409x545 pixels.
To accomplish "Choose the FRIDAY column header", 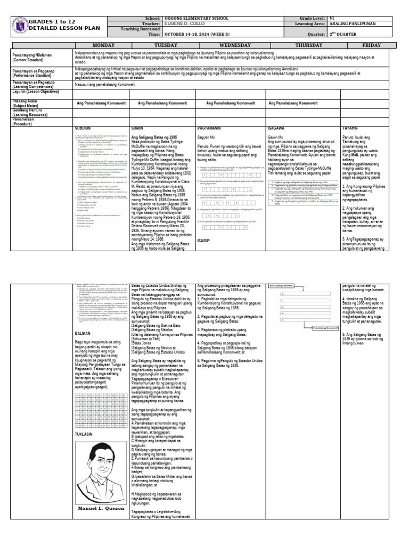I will tap(371, 45).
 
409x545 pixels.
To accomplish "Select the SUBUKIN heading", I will tap(82, 129).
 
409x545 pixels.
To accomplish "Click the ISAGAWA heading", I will tap(277, 129).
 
